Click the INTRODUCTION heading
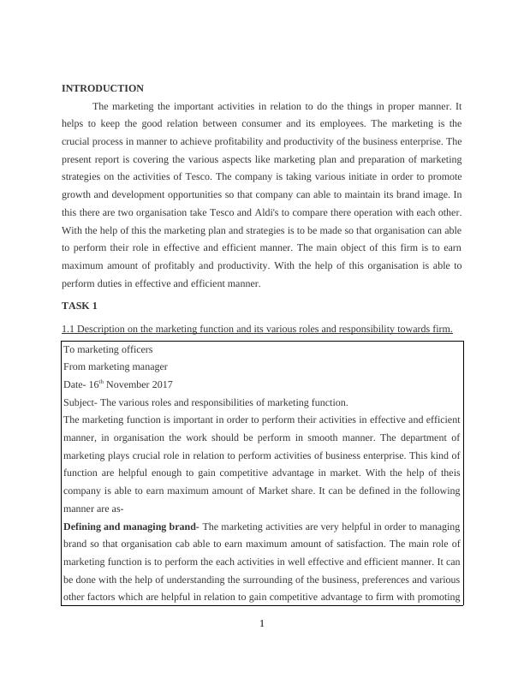(x=103, y=88)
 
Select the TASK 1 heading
(x=80, y=306)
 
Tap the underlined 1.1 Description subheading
(x=257, y=329)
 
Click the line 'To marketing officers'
(x=108, y=349)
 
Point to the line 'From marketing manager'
(x=114, y=366)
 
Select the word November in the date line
(x=127, y=384)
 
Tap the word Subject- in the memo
(x=82, y=402)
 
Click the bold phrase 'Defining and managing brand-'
(x=131, y=526)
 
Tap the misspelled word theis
(x=450, y=473)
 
